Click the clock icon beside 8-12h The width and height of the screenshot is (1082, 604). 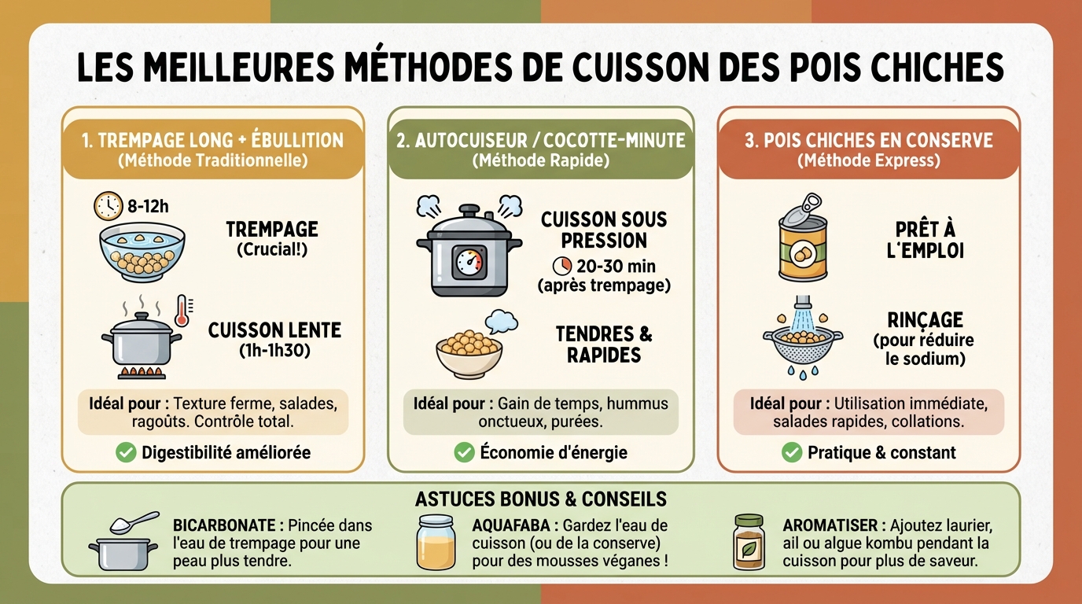point(108,206)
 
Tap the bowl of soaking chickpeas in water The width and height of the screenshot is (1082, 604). point(142,251)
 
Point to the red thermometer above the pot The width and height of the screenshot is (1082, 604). point(183,310)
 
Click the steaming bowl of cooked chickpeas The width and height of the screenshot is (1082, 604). point(469,352)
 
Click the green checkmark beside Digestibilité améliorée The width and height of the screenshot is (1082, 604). point(125,452)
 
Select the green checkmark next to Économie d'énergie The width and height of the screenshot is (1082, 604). point(464,452)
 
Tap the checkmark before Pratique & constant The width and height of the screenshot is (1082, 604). point(791,452)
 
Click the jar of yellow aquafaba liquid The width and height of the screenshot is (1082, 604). point(436,542)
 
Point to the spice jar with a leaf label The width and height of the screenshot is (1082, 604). point(749,542)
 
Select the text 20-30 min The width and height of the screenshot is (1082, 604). point(614,265)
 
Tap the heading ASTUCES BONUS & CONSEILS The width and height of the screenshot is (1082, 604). point(540,499)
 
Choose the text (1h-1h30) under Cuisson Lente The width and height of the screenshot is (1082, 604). point(274,350)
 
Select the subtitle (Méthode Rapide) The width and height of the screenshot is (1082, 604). point(540,160)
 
